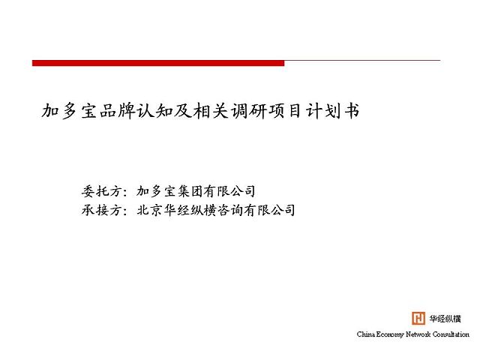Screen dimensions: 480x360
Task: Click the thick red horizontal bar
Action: point(158,63)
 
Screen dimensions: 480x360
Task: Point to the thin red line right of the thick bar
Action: point(362,61)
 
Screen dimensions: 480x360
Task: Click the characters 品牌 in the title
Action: point(118,110)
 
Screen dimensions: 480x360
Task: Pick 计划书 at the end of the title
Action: point(332,110)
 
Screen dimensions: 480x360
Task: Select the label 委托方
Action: point(102,191)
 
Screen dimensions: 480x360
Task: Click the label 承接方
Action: point(102,210)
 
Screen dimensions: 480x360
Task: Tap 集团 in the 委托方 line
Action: point(190,191)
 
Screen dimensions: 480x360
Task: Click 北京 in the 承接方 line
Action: point(149,210)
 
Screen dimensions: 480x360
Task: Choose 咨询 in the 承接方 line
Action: point(229,210)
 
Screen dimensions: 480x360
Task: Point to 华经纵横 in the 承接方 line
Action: point(190,210)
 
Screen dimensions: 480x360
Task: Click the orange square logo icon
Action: point(418,318)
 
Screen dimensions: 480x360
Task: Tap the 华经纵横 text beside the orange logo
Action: point(445,319)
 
